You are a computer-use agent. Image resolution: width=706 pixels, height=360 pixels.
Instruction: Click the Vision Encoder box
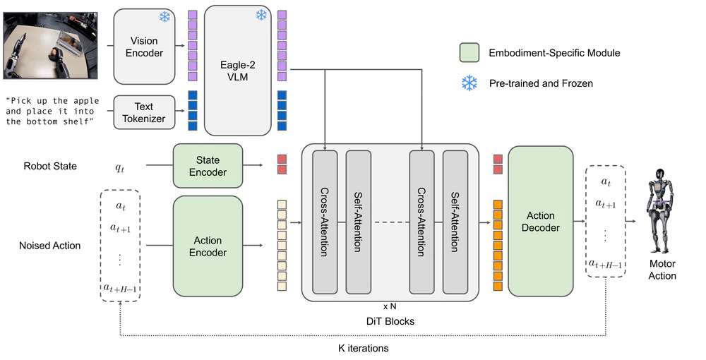pyautogui.click(x=144, y=47)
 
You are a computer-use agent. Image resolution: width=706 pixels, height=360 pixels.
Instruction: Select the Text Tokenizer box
pyautogui.click(x=144, y=113)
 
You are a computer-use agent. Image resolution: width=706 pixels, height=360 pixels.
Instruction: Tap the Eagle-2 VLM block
pyautogui.click(x=237, y=71)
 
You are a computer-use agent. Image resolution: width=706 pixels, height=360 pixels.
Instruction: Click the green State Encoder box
pyautogui.click(x=208, y=166)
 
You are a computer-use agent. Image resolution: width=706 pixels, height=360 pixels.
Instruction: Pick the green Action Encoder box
pyautogui.click(x=208, y=246)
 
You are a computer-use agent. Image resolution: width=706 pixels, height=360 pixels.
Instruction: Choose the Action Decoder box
pyautogui.click(x=540, y=221)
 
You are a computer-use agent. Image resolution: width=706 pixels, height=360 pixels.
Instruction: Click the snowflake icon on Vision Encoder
pyautogui.click(x=164, y=16)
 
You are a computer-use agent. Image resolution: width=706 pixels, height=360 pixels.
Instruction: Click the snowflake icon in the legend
pyautogui.click(x=469, y=83)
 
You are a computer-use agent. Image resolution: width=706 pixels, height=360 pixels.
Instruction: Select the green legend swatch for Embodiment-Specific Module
pyautogui.click(x=469, y=52)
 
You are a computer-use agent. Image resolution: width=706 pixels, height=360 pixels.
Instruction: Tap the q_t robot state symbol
pyautogui.click(x=119, y=167)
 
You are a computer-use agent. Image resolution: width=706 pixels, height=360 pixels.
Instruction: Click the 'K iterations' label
pyautogui.click(x=363, y=348)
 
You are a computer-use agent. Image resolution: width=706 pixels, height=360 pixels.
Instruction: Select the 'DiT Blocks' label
pyautogui.click(x=390, y=320)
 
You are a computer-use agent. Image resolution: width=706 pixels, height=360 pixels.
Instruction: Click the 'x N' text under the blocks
pyautogui.click(x=390, y=307)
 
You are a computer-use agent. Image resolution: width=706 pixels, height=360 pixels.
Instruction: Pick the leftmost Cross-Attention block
pyautogui.click(x=324, y=222)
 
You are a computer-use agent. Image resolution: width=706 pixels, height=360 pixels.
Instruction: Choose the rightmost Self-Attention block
pyautogui.click(x=455, y=222)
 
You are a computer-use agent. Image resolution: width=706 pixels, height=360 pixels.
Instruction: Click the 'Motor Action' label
pyautogui.click(x=662, y=270)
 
